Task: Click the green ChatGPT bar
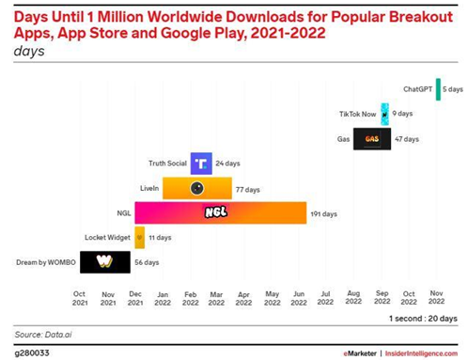[x=438, y=89]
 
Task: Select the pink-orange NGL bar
[x=221, y=212]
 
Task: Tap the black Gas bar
[x=372, y=139]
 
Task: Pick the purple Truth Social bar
[x=201, y=164]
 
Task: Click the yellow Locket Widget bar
[x=140, y=238]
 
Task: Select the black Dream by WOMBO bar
[x=105, y=262]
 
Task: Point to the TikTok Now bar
[x=384, y=114]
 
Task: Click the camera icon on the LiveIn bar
[x=196, y=188]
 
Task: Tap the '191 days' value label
[x=323, y=214]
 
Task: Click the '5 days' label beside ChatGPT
[x=453, y=89]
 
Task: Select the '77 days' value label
[x=247, y=190]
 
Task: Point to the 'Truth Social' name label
[x=167, y=164]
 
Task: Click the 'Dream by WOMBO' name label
[x=46, y=262]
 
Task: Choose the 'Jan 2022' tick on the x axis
[x=163, y=299]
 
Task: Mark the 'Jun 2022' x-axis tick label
[x=299, y=298]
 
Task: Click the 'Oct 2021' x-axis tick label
[x=80, y=298]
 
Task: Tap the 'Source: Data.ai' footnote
[x=43, y=335]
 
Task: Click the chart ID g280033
[x=32, y=353]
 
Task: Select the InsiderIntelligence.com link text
[x=421, y=353]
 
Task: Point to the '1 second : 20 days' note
[x=423, y=319]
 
